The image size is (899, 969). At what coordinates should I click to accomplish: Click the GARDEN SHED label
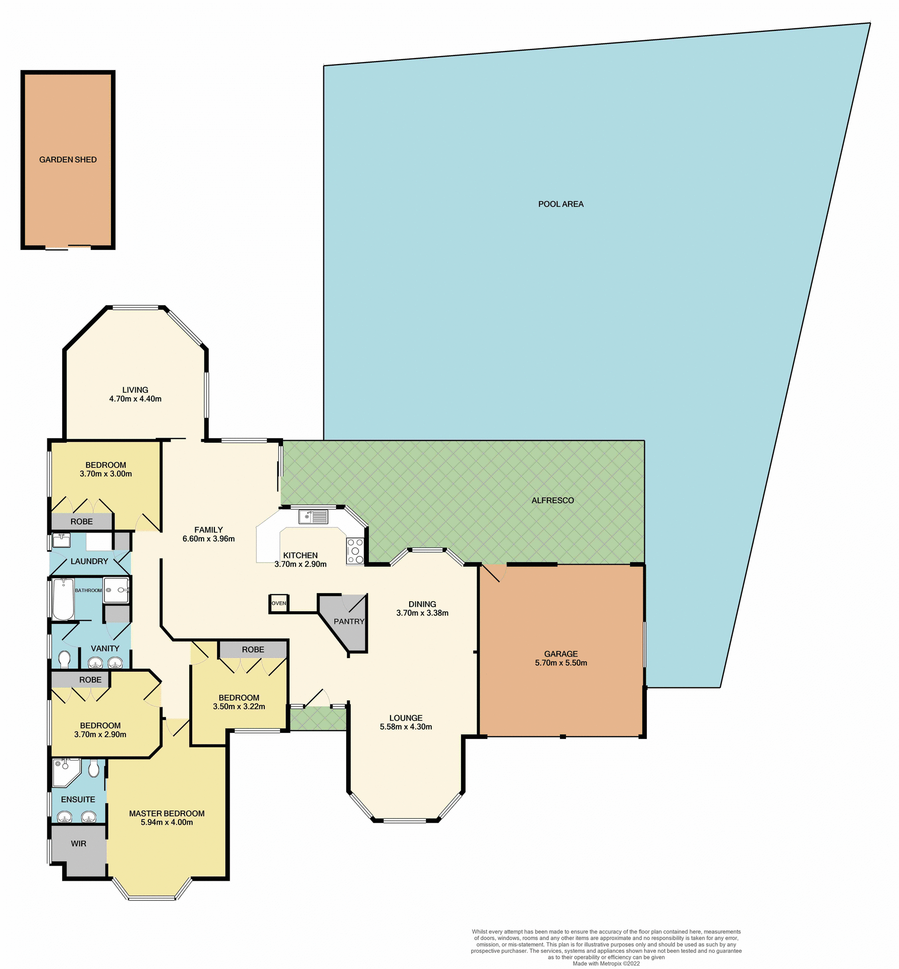68,159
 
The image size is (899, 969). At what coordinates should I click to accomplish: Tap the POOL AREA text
560,204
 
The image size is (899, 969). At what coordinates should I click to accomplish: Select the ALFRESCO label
552,500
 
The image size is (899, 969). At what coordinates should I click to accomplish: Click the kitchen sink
313,517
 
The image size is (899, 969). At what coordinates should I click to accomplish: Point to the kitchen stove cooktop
355,551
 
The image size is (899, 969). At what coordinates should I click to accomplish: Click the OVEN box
278,603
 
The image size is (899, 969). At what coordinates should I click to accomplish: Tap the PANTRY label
349,621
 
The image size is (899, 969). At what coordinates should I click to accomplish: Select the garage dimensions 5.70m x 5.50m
561,663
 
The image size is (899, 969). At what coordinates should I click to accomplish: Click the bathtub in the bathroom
64,599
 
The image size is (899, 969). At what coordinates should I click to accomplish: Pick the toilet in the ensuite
93,769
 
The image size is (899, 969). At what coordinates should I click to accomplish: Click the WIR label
78,843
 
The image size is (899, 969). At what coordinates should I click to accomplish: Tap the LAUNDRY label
89,561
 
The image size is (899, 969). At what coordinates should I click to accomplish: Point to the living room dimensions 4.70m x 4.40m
135,399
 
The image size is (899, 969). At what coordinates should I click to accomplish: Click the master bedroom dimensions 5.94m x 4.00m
166,822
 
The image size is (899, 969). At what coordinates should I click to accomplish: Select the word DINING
422,604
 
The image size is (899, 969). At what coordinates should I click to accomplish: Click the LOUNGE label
406,718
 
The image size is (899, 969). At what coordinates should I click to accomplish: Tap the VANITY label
105,649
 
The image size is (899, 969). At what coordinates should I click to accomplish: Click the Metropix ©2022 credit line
606,963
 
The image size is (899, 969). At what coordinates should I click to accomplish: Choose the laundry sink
62,540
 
